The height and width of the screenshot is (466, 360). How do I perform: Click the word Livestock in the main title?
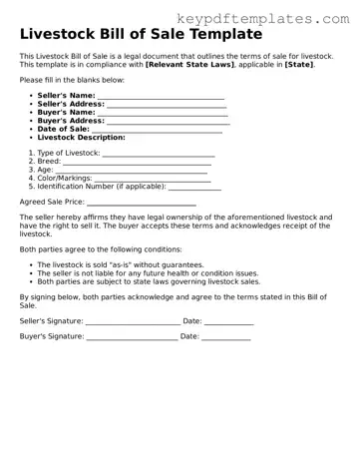(66, 33)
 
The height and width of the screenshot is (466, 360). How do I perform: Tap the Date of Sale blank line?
(157, 131)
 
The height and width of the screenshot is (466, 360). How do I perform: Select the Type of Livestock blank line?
(157, 155)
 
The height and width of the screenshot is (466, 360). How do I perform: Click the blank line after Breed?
(137, 163)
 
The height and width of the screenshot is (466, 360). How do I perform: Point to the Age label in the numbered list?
(45, 170)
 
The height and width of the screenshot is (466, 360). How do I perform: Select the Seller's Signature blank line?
(132, 322)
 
